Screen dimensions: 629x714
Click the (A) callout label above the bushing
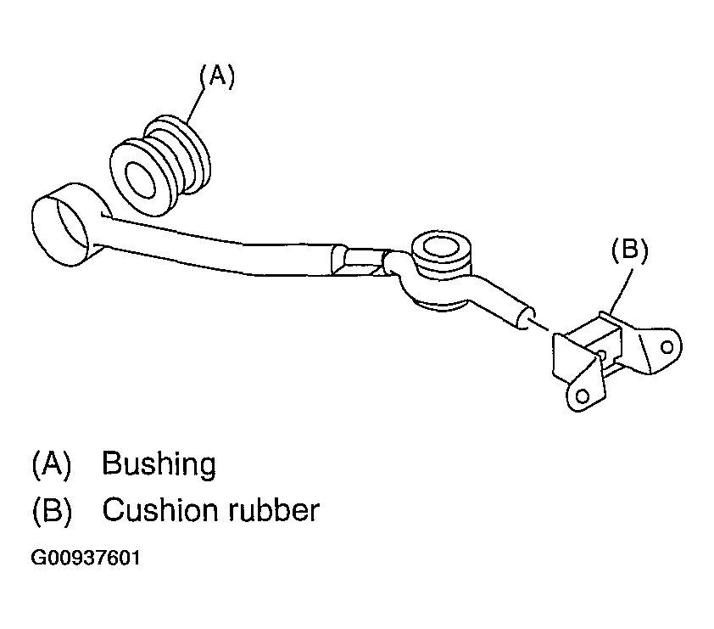[216, 76]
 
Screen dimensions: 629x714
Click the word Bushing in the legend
[159, 465]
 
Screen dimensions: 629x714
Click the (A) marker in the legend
[52, 465]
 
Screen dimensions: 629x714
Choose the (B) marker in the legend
[52, 511]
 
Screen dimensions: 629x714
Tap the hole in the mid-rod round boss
[440, 248]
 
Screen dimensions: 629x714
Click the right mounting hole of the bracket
[667, 346]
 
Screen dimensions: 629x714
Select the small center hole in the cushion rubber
[600, 355]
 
